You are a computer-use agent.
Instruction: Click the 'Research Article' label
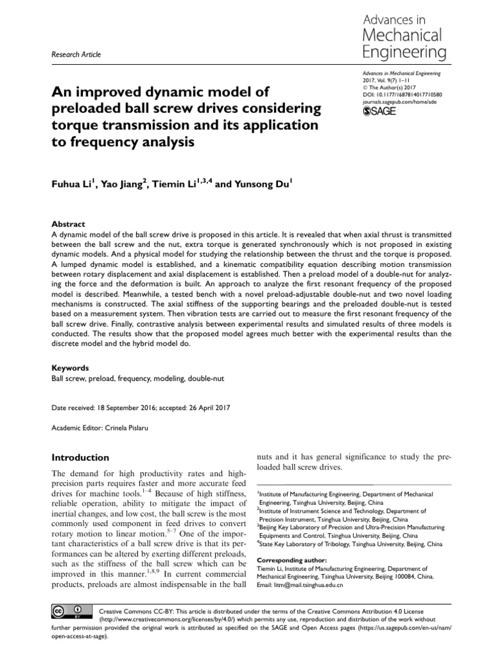(75, 55)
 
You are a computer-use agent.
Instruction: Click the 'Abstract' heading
(68, 225)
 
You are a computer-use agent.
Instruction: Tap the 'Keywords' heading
(70, 368)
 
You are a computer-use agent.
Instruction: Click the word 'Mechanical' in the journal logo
(402, 35)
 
